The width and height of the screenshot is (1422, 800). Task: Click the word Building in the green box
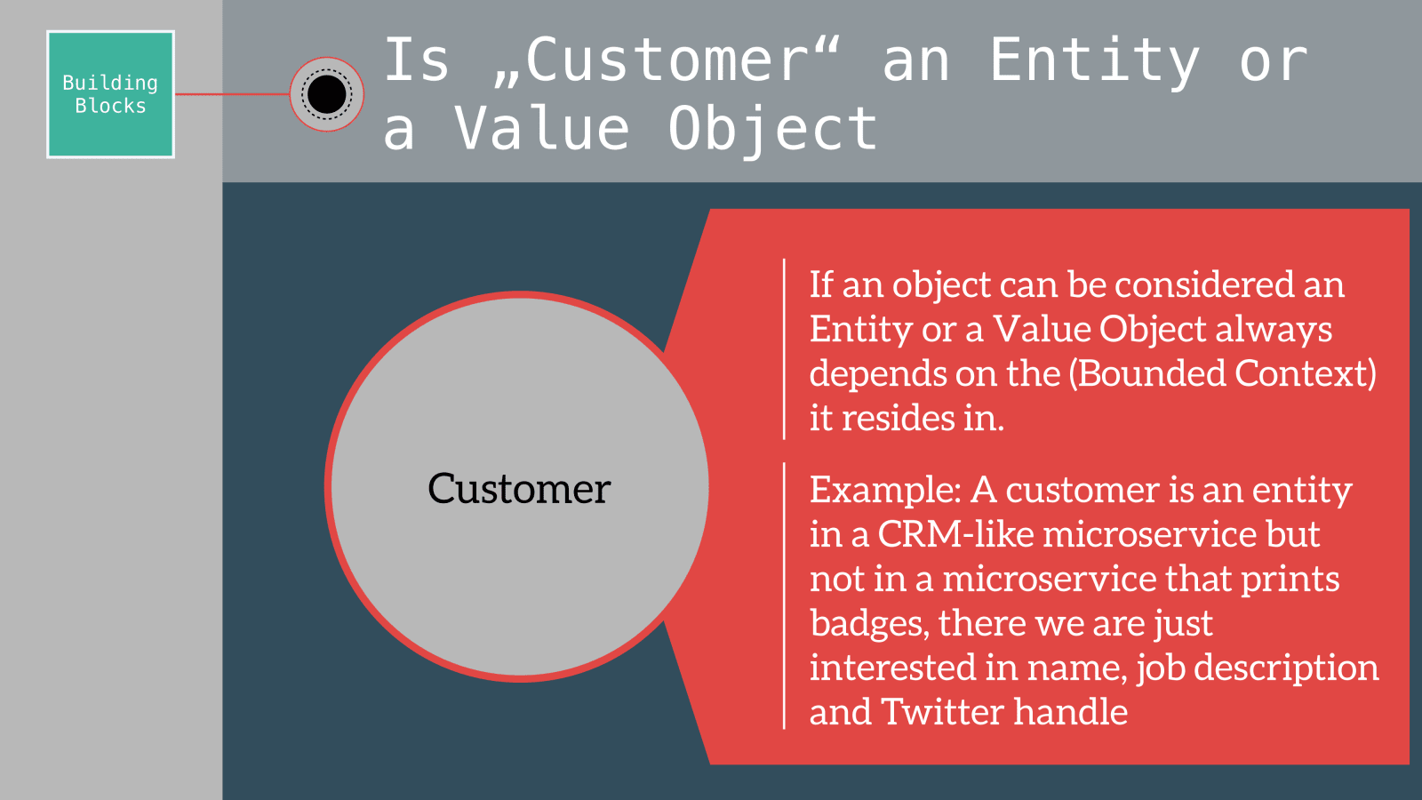point(110,84)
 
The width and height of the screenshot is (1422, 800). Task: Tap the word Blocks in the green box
point(110,106)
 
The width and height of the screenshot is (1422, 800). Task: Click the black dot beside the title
point(327,94)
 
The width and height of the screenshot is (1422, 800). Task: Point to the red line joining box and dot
point(232,94)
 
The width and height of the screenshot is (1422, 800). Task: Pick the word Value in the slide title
point(541,128)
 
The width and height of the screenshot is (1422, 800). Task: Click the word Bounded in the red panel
point(1152,373)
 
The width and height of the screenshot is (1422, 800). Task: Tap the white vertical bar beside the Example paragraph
point(785,596)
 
